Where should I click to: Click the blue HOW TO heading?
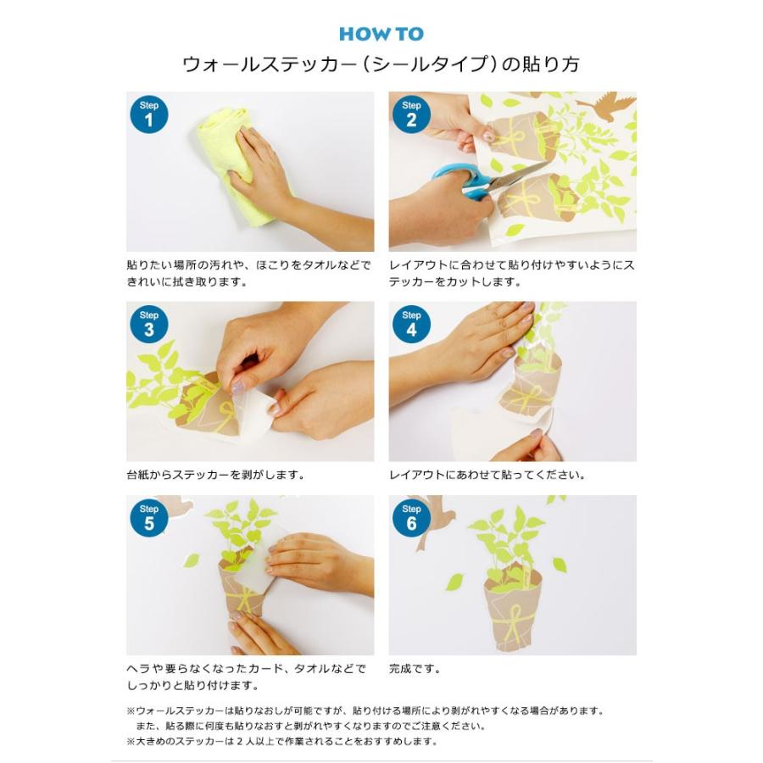pos(381,34)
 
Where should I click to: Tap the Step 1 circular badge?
pos(149,114)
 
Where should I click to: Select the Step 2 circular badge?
pos(411,114)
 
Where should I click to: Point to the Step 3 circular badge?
pos(149,324)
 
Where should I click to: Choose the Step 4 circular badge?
pos(411,324)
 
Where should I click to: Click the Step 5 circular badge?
pos(149,518)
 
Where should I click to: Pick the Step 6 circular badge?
pos(411,518)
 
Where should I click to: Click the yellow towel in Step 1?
pos(229,165)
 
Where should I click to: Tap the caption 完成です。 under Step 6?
pos(415,669)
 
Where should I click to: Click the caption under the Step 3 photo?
pos(215,475)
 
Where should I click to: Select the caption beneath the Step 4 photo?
pos(487,475)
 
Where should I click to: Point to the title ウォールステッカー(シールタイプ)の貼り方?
pos(381,64)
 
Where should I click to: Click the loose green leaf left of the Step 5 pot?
pos(192,560)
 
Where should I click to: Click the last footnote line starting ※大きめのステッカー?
pos(282,742)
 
